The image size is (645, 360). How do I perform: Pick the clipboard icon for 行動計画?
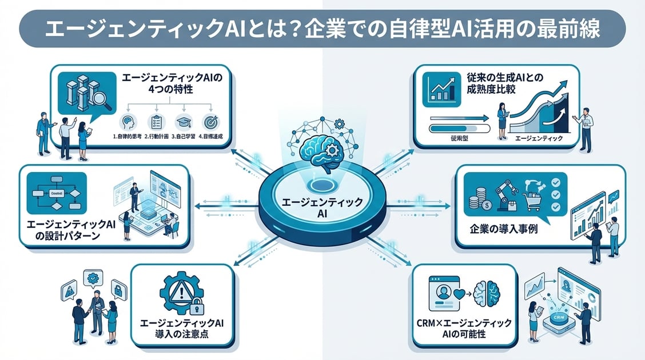156,121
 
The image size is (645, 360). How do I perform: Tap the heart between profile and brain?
461,295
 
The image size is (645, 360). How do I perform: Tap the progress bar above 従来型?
457,118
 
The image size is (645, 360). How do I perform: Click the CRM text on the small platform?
556,318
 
